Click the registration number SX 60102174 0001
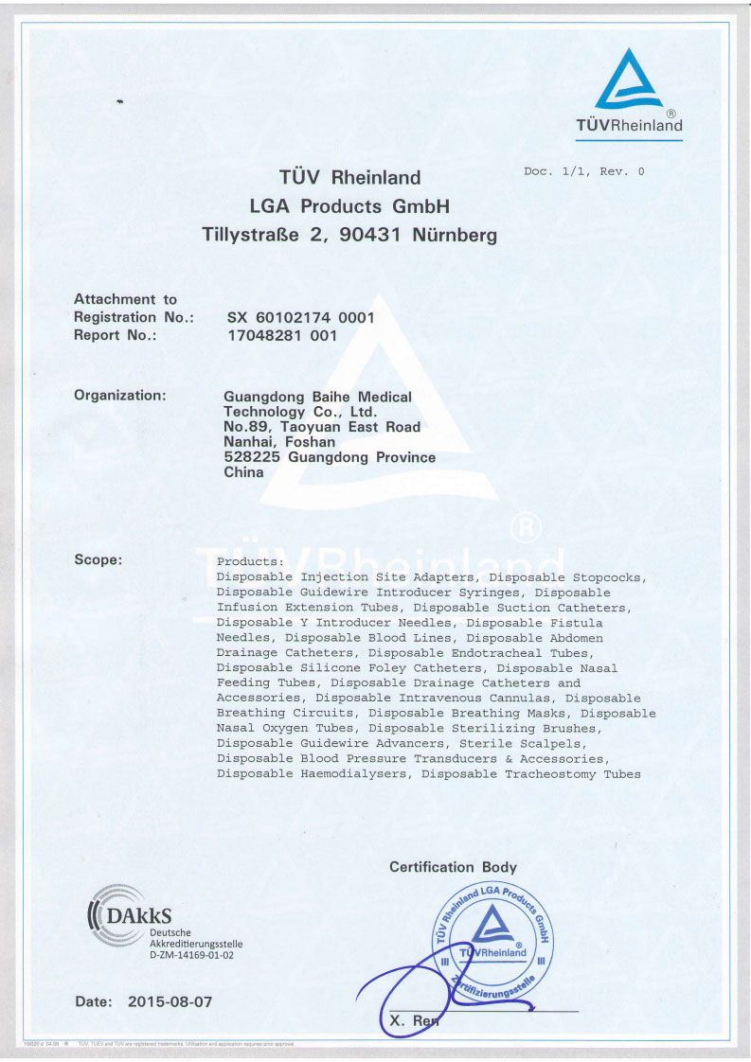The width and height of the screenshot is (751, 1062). (x=301, y=318)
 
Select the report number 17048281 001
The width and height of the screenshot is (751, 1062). (x=282, y=335)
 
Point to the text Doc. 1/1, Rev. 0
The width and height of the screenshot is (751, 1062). (x=583, y=171)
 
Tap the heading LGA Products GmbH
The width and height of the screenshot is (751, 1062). (x=349, y=206)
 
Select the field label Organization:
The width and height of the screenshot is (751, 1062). (x=120, y=395)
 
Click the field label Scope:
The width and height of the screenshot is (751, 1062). (x=98, y=559)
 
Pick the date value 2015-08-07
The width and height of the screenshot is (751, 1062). (x=170, y=1001)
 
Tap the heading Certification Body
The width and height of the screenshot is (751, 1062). (x=453, y=867)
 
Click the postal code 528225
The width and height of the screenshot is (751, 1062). (x=251, y=457)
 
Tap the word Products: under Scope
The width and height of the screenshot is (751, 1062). (x=243, y=561)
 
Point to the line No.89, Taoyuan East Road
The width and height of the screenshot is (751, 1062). (x=321, y=427)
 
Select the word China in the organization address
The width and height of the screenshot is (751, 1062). (x=243, y=472)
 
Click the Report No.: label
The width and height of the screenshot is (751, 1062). (x=115, y=335)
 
